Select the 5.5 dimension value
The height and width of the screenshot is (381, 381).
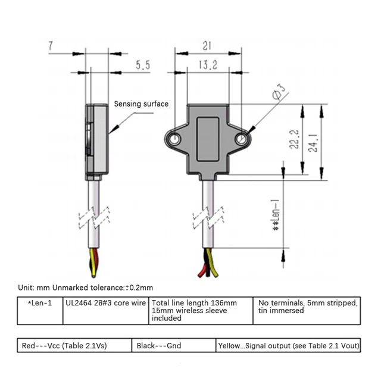point(142,65)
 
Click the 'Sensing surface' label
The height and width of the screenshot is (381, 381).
point(141,104)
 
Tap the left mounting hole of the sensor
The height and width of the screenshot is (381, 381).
point(174,139)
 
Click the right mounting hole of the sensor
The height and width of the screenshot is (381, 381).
point(241,139)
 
